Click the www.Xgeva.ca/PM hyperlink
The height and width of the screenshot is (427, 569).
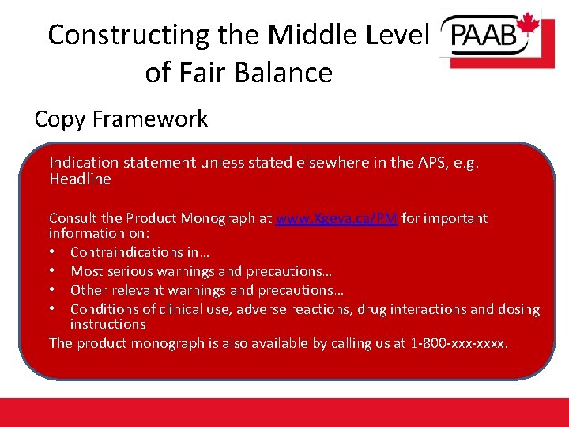[337, 218]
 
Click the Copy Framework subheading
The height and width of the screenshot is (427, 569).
[121, 119]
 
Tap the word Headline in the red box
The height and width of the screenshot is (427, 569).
[80, 179]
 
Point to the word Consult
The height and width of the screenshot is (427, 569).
[73, 218]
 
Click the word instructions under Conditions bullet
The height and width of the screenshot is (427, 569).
[107, 325]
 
